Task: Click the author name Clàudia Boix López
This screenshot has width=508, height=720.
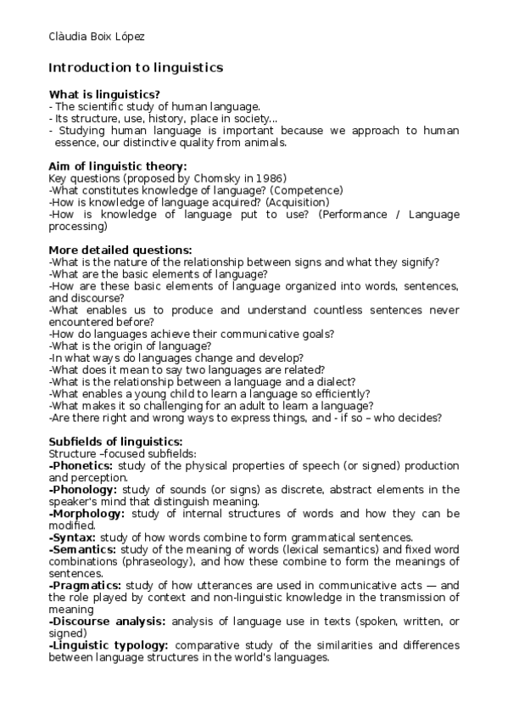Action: point(96,37)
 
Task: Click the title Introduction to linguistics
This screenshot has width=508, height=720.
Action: point(136,67)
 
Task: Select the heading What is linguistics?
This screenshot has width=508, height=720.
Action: point(104,94)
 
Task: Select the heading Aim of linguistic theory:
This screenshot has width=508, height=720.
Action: point(118,166)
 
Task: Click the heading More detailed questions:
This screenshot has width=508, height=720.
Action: point(120,250)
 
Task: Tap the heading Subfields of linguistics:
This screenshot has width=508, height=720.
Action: point(115,442)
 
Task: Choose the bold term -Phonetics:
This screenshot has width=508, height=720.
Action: point(81,466)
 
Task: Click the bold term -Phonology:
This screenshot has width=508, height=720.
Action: point(84,490)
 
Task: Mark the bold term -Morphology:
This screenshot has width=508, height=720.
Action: point(87,514)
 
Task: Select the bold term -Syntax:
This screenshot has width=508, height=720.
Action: point(72,537)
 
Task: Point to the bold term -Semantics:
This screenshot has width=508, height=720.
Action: point(83,549)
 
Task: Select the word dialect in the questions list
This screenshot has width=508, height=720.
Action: point(337,382)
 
